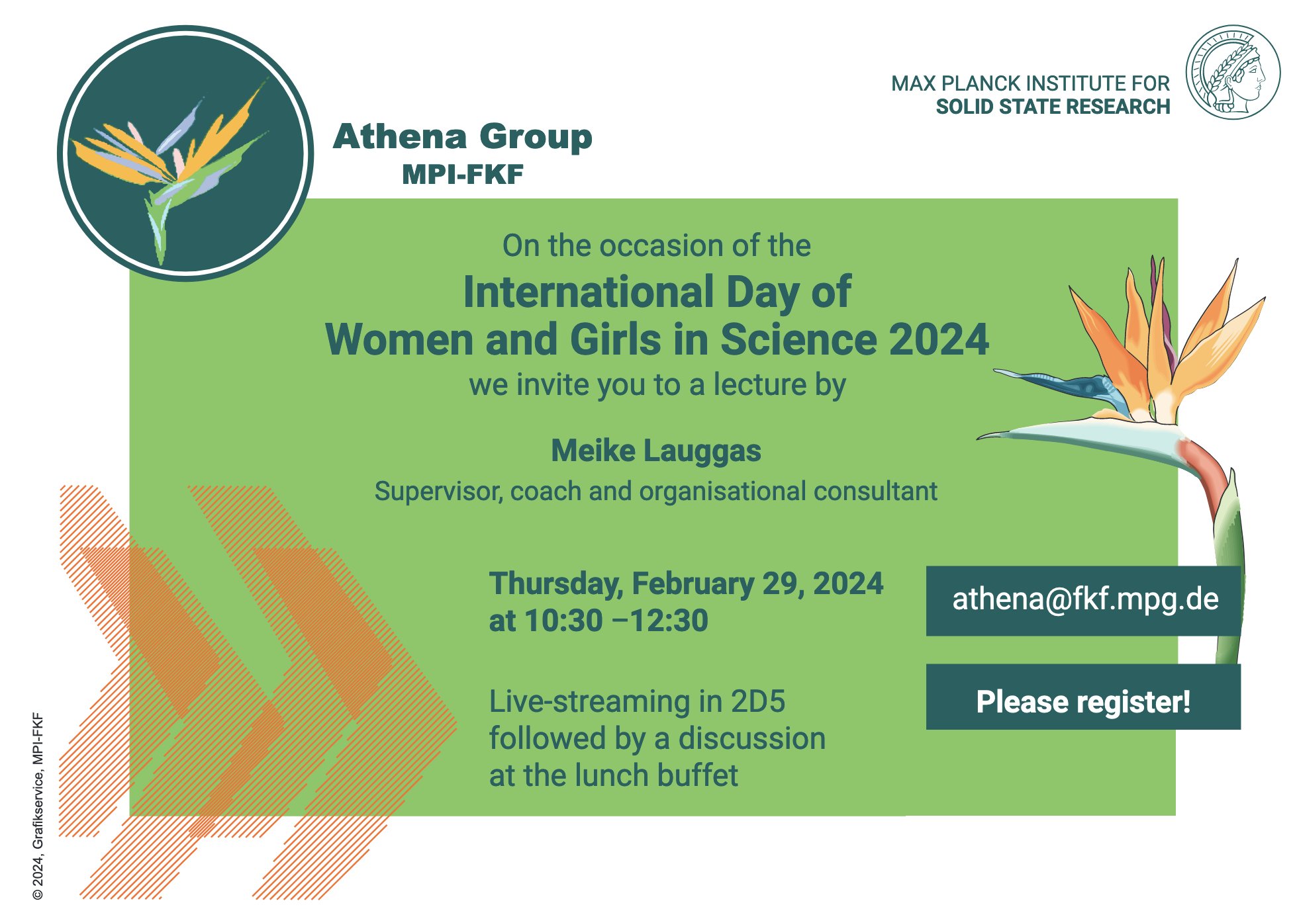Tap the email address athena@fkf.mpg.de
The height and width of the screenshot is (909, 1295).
pos(1084,599)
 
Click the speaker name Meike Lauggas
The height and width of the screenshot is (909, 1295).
pos(655,451)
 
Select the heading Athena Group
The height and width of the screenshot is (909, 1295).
pos(462,137)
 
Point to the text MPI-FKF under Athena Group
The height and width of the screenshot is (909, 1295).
pos(462,175)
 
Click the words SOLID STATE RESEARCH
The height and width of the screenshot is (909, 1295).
pos(1053,107)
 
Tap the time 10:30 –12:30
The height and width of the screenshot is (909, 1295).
pos(616,621)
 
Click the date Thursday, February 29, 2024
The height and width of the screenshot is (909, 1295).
pos(685,584)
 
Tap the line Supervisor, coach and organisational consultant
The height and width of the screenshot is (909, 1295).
pos(655,492)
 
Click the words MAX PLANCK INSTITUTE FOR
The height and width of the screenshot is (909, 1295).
pos(1030,83)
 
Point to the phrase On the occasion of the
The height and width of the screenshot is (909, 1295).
pos(655,246)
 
